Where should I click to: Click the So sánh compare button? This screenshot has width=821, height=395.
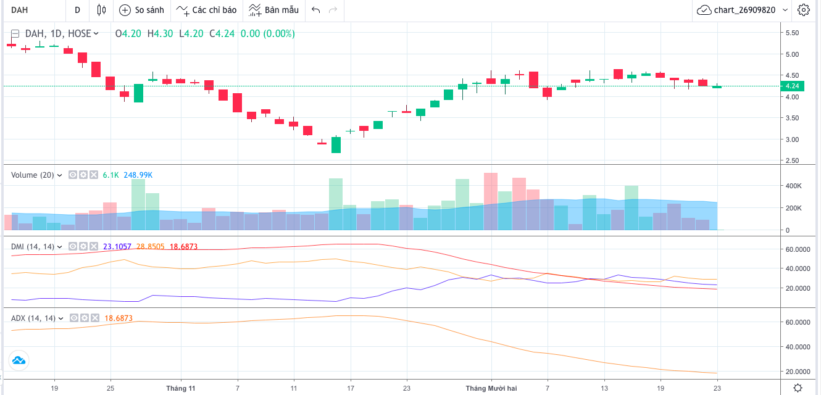point(141,10)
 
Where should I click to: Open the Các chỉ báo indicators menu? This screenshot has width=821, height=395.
point(207,10)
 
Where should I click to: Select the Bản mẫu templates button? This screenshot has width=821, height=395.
point(274,10)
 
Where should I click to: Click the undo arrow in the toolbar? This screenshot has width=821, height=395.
point(316,10)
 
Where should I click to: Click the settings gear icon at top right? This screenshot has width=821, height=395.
point(803,10)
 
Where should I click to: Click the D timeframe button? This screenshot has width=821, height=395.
point(77,10)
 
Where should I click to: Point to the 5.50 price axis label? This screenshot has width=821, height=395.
point(791,33)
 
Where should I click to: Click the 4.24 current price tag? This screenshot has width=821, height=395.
point(791,86)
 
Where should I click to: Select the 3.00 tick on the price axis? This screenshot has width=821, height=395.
point(791,139)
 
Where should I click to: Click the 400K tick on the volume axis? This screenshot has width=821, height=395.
point(793,186)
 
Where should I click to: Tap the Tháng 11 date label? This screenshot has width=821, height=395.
point(181,388)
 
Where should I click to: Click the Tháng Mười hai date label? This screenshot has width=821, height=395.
point(491,388)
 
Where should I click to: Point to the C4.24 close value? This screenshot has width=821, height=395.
point(222,33)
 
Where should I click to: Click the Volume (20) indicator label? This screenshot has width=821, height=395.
point(33,175)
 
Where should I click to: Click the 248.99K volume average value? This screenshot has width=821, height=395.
point(138,175)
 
